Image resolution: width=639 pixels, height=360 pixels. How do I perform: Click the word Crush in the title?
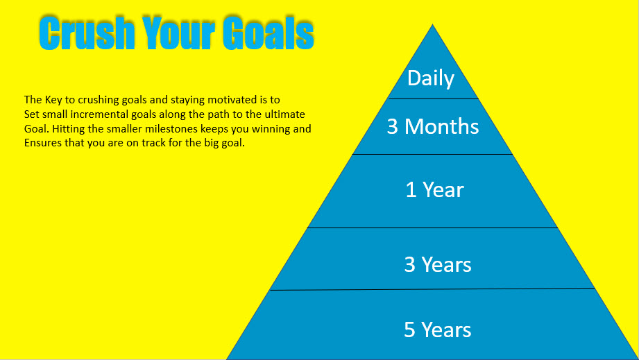coord(87,33)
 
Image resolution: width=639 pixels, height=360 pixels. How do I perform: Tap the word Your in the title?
coord(178,33)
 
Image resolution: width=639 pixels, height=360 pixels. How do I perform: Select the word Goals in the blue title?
coord(268,33)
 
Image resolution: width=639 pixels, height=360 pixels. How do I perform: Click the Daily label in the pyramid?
coord(431,78)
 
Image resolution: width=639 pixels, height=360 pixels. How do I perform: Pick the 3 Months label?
coord(433,126)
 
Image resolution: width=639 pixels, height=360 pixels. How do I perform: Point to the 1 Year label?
coord(435,190)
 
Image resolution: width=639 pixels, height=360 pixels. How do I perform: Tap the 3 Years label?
coord(438,265)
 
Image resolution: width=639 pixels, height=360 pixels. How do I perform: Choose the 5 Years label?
coord(438,330)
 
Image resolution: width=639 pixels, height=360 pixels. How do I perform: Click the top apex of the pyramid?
coord(432,24)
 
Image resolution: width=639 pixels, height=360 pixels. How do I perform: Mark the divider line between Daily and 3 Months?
coord(433,99)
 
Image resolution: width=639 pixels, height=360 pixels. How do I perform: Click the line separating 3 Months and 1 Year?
coord(432,155)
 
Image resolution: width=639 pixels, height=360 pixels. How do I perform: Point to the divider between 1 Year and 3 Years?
coord(432,228)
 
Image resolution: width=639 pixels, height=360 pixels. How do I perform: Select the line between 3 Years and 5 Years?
coord(432,289)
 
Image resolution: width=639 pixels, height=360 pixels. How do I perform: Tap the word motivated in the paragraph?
coord(232,100)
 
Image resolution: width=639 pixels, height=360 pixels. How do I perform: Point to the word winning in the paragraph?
coord(271,130)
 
